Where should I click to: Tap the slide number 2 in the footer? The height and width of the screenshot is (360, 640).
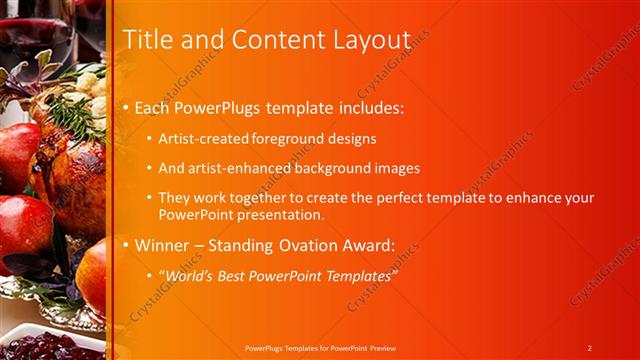590,348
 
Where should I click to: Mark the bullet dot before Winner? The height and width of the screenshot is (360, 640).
125,245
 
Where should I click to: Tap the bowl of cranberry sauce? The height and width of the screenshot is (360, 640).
40,345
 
